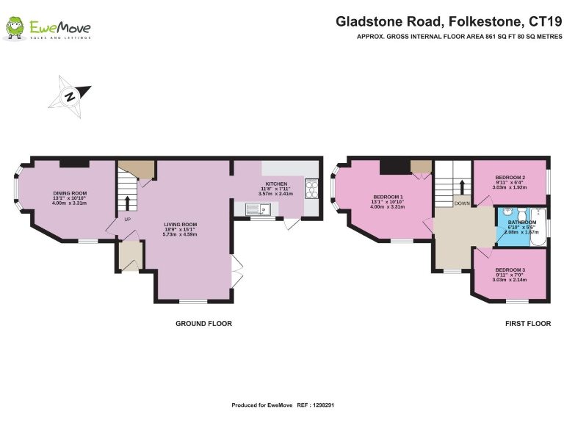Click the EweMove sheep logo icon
click(x=14, y=29)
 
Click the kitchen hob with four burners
click(x=311, y=189)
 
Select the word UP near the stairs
click(x=127, y=220)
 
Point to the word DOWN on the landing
click(x=462, y=203)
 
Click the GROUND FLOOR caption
click(x=203, y=323)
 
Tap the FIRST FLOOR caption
click(x=527, y=323)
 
